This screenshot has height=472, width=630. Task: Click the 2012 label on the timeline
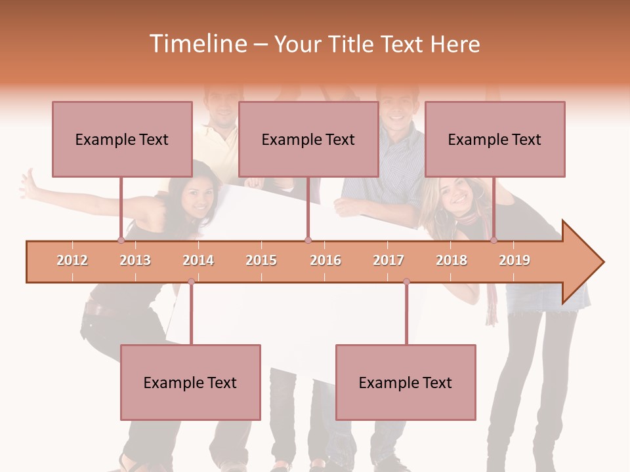click(x=72, y=261)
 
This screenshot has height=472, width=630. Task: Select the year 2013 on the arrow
click(x=135, y=261)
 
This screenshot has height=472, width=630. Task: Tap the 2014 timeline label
click(x=198, y=261)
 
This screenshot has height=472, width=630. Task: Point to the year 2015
click(x=261, y=261)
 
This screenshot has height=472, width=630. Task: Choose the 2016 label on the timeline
click(x=325, y=261)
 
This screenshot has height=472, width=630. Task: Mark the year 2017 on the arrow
click(x=388, y=261)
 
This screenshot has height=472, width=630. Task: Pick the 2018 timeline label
click(x=451, y=261)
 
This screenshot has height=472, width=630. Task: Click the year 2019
click(x=514, y=261)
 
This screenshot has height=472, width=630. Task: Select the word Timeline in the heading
click(x=196, y=44)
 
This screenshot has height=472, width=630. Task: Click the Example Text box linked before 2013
click(x=122, y=139)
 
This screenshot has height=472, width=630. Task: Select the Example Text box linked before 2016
click(x=308, y=139)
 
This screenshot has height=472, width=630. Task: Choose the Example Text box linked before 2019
click(x=495, y=139)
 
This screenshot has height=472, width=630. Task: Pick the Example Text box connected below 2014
click(x=190, y=382)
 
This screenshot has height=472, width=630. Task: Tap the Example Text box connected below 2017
click(x=406, y=382)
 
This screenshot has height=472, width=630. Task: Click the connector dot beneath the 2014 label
click(x=191, y=281)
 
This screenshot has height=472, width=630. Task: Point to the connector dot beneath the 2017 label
click(x=406, y=281)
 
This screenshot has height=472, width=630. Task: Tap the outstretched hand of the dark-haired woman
click(x=29, y=184)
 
